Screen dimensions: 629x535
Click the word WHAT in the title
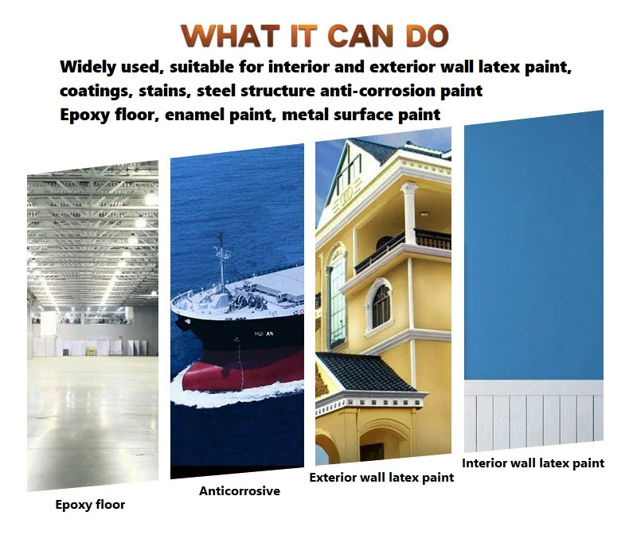pyautogui.click(x=230, y=36)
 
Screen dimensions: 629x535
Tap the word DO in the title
pyautogui.click(x=427, y=36)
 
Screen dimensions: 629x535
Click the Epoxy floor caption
pyautogui.click(x=90, y=505)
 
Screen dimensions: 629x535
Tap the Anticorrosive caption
pyautogui.click(x=240, y=491)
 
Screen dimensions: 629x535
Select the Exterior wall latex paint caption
pyautogui.click(x=381, y=478)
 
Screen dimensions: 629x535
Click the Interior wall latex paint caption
pyautogui.click(x=533, y=463)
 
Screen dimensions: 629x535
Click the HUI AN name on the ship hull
pyautogui.click(x=264, y=334)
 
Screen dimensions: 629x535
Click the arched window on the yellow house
pyautogui.click(x=381, y=307)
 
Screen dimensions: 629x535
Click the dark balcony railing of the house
pyautogui.click(x=403, y=248)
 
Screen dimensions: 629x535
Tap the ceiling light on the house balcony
pyautogui.click(x=424, y=213)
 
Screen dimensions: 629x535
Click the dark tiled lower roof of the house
pyautogui.click(x=363, y=372)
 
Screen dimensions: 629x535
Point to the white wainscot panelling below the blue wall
pyautogui.click(x=533, y=416)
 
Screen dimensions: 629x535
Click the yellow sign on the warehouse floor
pyautogui.click(x=91, y=351)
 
